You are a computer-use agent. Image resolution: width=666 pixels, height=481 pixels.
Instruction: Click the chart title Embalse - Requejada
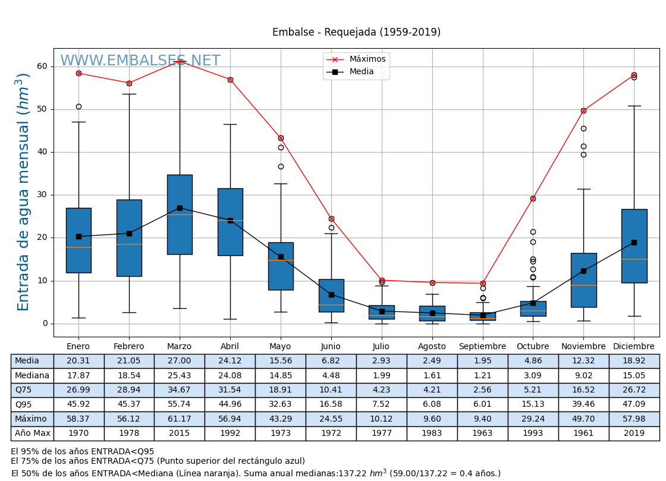356,33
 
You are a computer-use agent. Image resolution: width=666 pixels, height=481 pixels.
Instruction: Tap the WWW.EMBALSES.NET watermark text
140,61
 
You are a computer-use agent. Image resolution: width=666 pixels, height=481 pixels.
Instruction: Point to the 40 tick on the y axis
42,152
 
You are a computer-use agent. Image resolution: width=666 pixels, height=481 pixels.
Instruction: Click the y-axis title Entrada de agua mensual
23,192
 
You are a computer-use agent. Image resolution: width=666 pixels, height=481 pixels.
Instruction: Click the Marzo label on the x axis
179,347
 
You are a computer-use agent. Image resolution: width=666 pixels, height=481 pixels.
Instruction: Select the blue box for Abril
230,221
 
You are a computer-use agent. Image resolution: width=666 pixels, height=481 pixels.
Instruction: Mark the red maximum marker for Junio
331,219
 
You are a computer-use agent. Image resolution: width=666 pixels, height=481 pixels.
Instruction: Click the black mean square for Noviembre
583,271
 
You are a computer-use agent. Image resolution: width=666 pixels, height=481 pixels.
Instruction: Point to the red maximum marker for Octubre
533,198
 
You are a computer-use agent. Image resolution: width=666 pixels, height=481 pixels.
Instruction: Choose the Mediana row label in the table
32,376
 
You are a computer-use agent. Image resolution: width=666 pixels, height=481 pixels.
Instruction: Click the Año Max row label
32,433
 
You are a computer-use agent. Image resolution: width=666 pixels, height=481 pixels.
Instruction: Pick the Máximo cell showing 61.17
179,419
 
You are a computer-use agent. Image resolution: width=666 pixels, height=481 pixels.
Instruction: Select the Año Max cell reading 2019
634,433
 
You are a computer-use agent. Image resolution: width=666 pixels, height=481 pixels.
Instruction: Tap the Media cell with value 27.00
179,361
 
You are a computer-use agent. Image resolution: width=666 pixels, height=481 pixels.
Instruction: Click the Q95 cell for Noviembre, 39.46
583,404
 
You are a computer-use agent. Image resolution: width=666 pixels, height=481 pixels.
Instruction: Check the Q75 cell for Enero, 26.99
78,390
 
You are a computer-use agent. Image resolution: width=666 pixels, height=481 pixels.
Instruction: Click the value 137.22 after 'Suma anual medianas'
351,473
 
